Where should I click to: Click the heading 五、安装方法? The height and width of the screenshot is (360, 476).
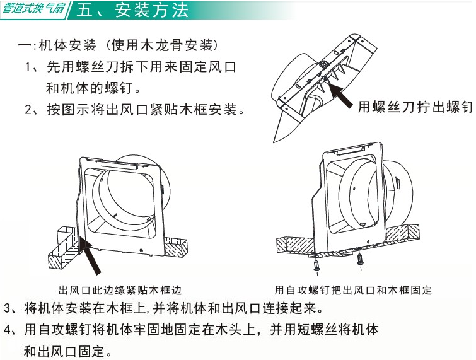(132, 10)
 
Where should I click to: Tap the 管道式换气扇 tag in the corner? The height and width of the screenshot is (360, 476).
(33, 8)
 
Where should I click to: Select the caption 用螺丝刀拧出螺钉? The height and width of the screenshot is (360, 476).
(415, 107)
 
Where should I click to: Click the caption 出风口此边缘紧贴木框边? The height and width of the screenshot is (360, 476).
(120, 291)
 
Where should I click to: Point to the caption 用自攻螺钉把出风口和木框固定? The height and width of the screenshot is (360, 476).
(353, 290)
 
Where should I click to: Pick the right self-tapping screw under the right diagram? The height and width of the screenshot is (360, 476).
(360, 261)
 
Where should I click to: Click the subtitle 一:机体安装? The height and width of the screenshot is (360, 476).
(57, 45)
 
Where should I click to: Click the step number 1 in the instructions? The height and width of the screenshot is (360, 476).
(28, 67)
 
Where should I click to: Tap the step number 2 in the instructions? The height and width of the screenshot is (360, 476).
(28, 110)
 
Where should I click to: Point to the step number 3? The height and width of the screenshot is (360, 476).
(8, 308)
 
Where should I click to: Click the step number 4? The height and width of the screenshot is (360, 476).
(8, 330)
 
